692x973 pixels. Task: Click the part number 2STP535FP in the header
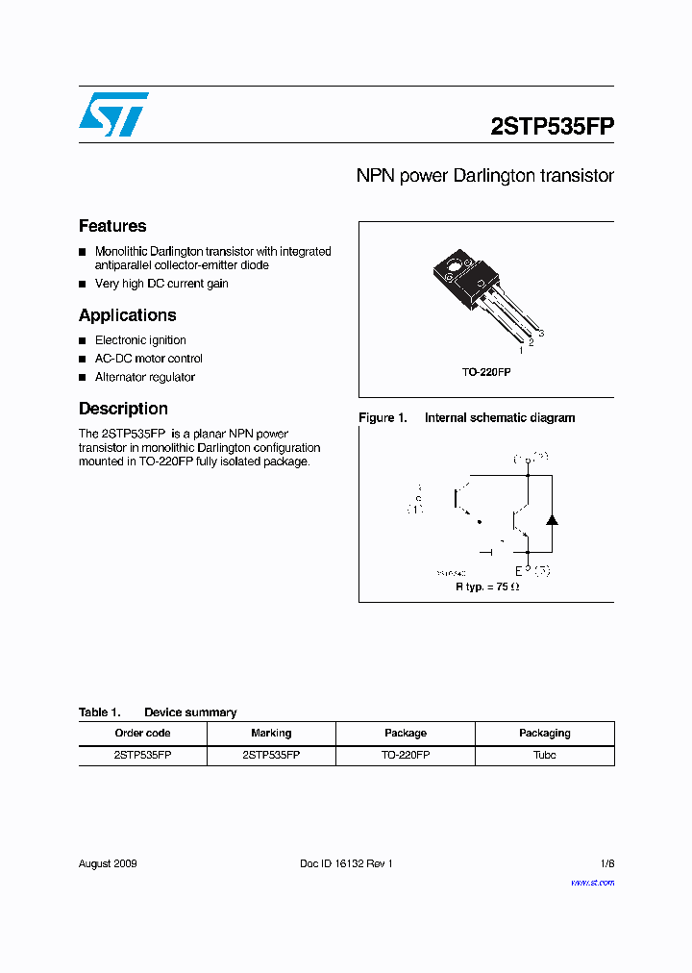tap(552, 127)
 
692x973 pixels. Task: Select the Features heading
tap(112, 226)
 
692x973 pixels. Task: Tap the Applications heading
tap(127, 315)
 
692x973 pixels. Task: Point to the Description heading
tap(123, 409)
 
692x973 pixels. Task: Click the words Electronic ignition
tap(140, 340)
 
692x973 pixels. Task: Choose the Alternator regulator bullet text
tap(144, 377)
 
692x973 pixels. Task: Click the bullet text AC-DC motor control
tap(148, 359)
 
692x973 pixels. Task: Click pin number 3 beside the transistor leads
tap(541, 334)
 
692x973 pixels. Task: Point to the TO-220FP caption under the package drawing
tap(486, 371)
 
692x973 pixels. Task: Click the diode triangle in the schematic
tap(552, 519)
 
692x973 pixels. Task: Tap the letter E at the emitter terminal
tap(517, 571)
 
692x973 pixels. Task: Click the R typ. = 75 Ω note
tap(487, 586)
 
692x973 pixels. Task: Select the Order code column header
tap(142, 733)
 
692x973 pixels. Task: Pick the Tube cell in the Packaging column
tap(544, 755)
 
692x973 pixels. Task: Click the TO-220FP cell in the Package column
tap(405, 755)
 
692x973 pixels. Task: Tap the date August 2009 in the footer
tap(108, 863)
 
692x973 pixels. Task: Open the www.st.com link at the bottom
tap(592, 883)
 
